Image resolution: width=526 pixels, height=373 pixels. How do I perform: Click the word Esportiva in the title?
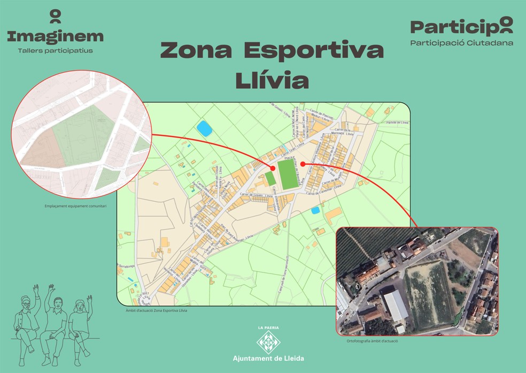tap(314, 51)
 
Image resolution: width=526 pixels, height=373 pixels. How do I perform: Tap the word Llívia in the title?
tap(272, 80)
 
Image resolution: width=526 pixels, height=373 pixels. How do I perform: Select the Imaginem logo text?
tap(55, 36)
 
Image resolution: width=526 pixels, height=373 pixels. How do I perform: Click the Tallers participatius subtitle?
tap(55, 51)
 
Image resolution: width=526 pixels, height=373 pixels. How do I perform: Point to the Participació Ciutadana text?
tap(461, 43)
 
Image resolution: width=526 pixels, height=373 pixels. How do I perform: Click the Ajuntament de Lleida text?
tap(268, 358)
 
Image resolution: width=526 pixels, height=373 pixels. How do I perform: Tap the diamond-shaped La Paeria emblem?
tap(268, 342)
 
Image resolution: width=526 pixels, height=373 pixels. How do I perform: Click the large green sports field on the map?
tap(288, 174)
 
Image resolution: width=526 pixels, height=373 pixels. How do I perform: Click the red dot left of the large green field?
tap(273, 169)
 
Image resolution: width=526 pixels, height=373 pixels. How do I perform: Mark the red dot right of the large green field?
tap(303, 164)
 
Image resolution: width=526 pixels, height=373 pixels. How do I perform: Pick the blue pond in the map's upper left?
tap(204, 128)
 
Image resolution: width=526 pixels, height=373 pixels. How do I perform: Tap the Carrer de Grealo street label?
tap(257, 195)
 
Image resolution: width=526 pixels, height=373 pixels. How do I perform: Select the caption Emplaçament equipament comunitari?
tap(76, 205)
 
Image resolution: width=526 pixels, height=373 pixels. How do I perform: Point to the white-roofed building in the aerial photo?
tap(396, 306)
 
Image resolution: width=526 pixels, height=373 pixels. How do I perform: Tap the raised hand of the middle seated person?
tap(52, 288)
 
